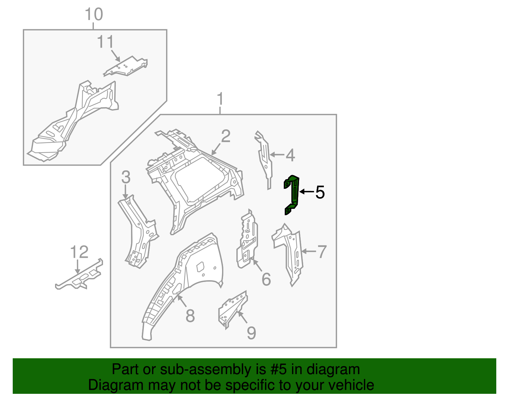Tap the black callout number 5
pyautogui.click(x=320, y=192)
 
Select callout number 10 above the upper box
pyautogui.click(x=94, y=15)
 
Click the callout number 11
pyautogui.click(x=105, y=42)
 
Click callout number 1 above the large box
pyautogui.click(x=220, y=99)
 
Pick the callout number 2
pyautogui.click(x=226, y=136)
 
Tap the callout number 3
pyautogui.click(x=126, y=177)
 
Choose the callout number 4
pyautogui.click(x=290, y=155)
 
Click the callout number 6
pyautogui.click(x=266, y=280)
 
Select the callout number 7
pyautogui.click(x=322, y=252)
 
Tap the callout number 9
pyautogui.click(x=251, y=333)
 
